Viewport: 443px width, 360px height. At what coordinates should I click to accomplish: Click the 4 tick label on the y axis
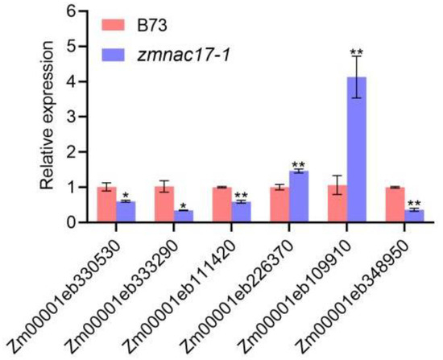[72, 81]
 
